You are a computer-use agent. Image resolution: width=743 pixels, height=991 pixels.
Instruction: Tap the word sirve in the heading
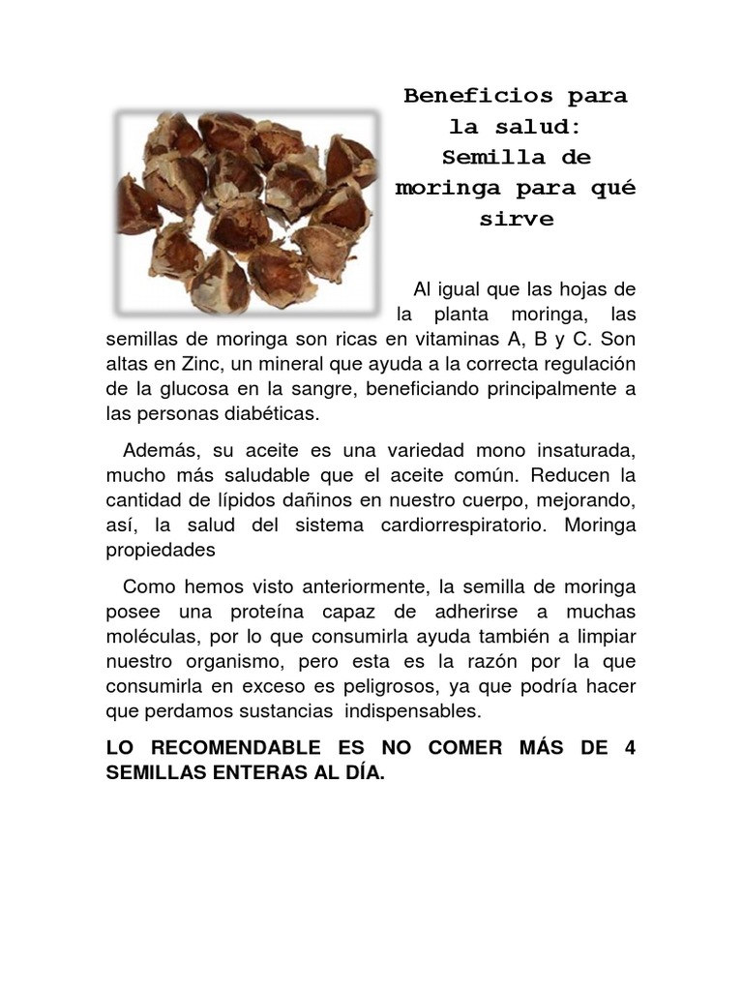[517, 219]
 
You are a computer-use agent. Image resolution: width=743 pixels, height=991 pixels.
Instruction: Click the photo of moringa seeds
[247, 212]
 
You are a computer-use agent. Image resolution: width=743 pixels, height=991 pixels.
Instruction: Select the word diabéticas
[268, 413]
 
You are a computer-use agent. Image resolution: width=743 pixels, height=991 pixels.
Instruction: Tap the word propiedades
[159, 549]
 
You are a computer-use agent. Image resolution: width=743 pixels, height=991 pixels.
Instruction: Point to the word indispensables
[412, 710]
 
